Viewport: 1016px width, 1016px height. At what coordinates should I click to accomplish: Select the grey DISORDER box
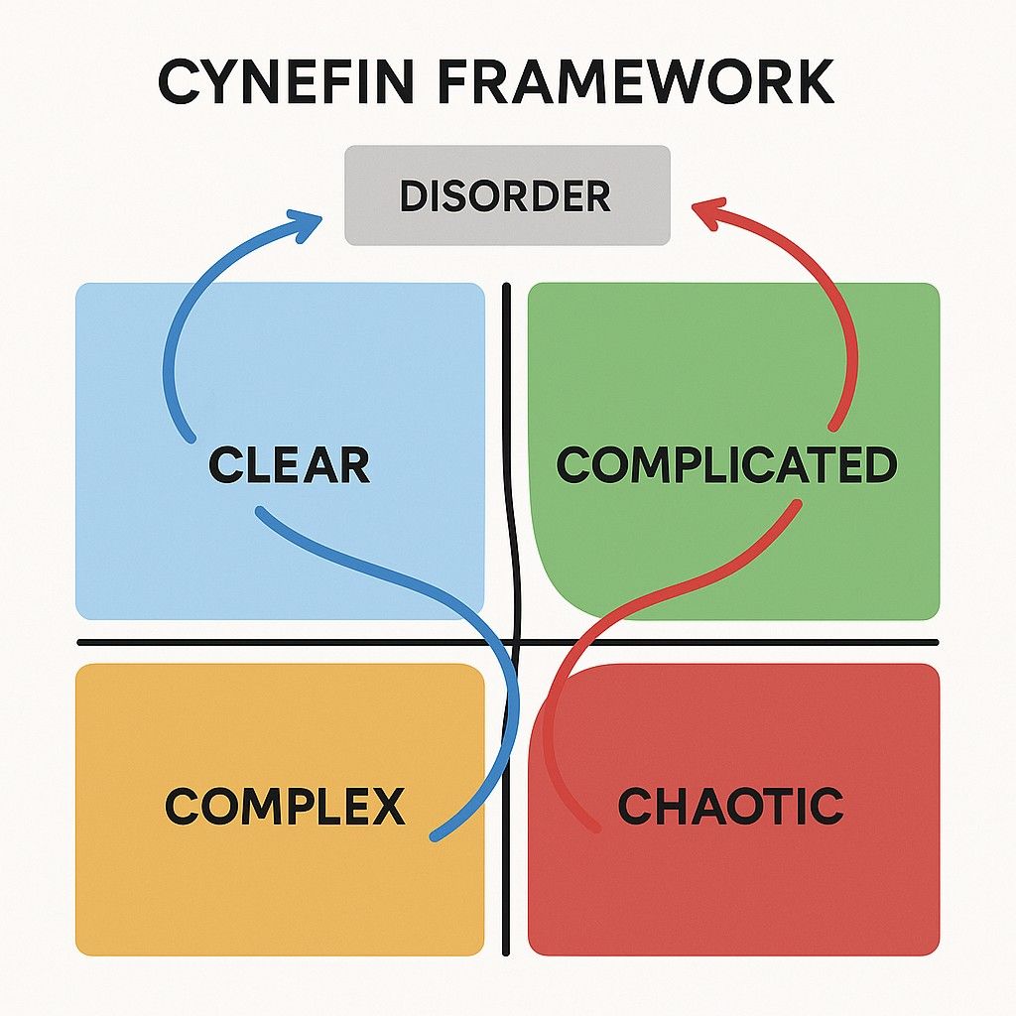[507, 195]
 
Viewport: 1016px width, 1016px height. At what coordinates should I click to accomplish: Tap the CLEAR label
[289, 465]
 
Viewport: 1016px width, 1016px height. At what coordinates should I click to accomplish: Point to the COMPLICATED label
[726, 465]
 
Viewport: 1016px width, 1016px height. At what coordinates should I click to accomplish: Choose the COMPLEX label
[285, 806]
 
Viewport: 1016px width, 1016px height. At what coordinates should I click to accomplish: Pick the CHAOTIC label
[730, 806]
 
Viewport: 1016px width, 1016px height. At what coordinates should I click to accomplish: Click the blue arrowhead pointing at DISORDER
[309, 219]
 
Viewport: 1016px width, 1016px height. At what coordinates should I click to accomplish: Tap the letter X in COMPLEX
[386, 806]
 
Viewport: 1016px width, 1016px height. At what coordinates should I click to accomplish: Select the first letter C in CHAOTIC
[634, 806]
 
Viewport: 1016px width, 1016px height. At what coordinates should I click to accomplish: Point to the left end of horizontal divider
[79, 644]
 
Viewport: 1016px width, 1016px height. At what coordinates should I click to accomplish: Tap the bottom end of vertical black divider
[507, 952]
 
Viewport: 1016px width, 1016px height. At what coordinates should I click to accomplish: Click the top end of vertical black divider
[506, 287]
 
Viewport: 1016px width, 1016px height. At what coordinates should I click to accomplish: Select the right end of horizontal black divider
[937, 644]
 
